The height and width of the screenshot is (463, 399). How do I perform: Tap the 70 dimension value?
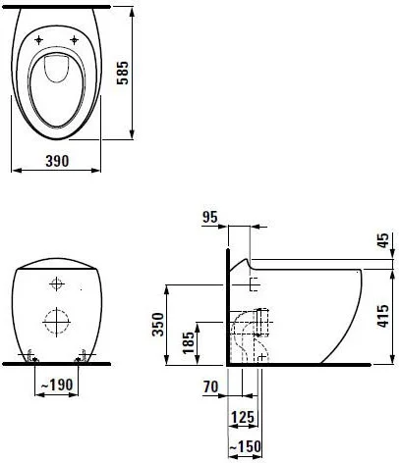tap(208, 388)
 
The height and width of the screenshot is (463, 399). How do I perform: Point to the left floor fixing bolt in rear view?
tap(31, 355)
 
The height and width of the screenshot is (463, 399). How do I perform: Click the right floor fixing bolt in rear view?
tap(85, 355)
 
